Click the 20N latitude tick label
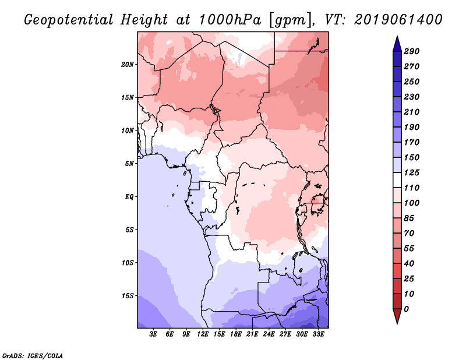128,64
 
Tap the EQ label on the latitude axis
129,196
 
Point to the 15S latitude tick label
128,295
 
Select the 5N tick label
129,163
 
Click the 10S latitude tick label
128,262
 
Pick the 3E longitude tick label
154,335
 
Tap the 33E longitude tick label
318,335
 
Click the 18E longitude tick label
236,335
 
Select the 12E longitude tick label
203,335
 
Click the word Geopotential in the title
68,20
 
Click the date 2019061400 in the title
398,20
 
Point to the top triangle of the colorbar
396,43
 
